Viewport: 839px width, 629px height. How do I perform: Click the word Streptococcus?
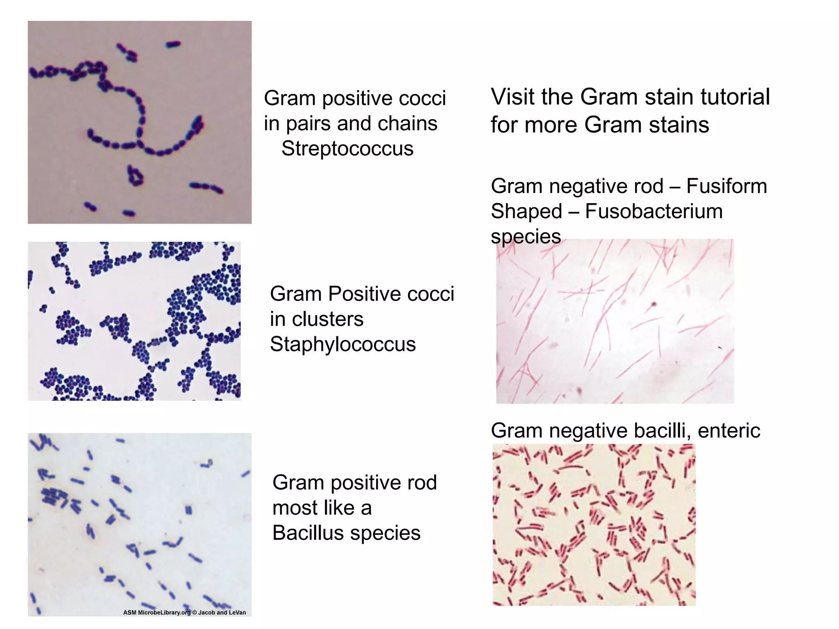[347, 149]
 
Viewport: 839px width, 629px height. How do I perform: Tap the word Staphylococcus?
[343, 344]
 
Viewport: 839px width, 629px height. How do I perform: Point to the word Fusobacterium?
[654, 212]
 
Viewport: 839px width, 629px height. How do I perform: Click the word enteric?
[729, 431]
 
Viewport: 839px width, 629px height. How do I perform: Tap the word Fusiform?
[726, 186]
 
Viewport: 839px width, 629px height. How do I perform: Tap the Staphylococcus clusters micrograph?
[134, 321]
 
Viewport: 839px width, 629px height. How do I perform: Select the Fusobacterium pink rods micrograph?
[615, 321]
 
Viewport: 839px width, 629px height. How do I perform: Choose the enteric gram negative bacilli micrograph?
[594, 525]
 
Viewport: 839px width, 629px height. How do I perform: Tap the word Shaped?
[526, 212]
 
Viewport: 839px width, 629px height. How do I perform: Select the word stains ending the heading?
[679, 125]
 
